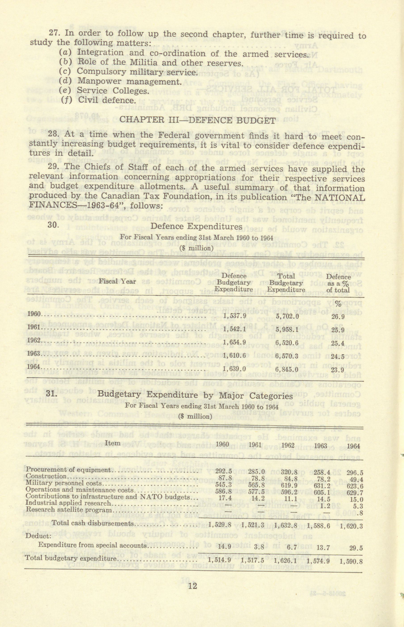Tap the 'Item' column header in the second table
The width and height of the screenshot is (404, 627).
coord(112,443)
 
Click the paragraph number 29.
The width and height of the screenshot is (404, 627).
coord(54,167)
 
